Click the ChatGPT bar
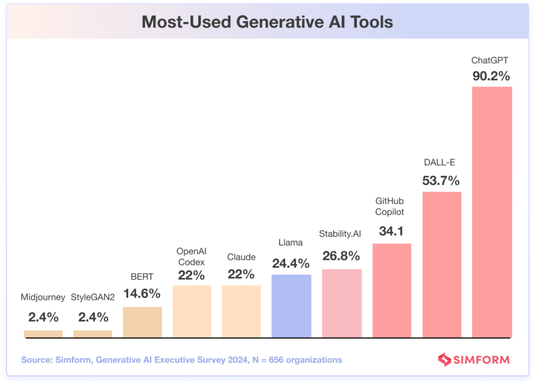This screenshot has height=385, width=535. [x=492, y=212]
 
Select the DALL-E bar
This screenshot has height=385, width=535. [x=442, y=264]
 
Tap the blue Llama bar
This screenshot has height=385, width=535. [x=292, y=306]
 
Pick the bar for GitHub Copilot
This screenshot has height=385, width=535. [x=392, y=290]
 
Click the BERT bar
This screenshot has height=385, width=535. [x=142, y=322]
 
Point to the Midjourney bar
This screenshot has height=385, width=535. [x=43, y=334]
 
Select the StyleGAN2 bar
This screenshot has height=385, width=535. [x=92, y=334]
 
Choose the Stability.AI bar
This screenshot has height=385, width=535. [x=342, y=303]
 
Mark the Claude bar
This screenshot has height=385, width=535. [x=241, y=311]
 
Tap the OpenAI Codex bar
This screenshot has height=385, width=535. [x=192, y=311]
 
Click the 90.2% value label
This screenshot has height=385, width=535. [x=491, y=76]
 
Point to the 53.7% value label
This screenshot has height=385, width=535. [x=441, y=181]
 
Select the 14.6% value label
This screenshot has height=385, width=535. [x=142, y=294]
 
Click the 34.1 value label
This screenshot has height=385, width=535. [x=391, y=231]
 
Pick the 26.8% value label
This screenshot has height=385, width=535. [x=341, y=256]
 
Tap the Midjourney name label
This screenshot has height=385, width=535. [x=43, y=297]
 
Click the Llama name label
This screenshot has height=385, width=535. [x=291, y=242]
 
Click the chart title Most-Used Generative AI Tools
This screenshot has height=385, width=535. [x=267, y=22]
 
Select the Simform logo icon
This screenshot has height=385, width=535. [x=444, y=359]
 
